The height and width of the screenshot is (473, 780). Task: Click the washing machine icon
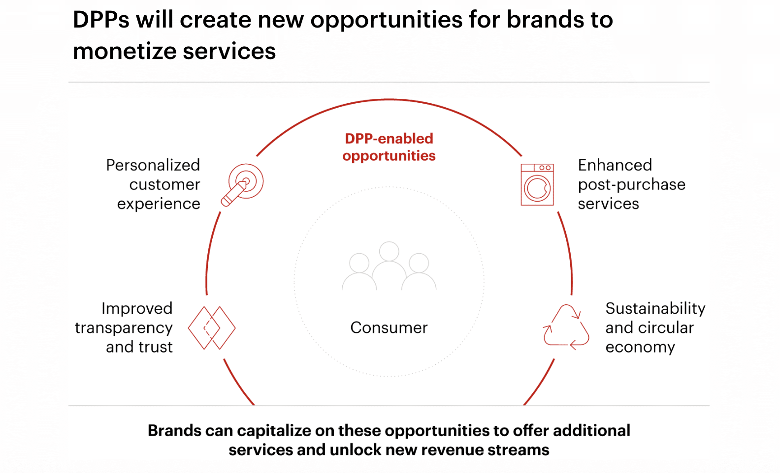(537, 184)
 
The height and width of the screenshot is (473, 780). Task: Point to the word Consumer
(389, 327)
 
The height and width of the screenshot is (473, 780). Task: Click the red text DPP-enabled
(389, 139)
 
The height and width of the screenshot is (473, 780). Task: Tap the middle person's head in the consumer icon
(389, 251)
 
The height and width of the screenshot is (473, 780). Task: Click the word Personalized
(153, 165)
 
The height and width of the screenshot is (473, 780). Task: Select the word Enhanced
(615, 165)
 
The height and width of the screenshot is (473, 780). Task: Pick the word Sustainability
(655, 309)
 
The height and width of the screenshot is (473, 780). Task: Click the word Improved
(137, 309)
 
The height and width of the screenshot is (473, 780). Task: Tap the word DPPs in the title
(101, 20)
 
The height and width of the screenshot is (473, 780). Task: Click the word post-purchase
(632, 185)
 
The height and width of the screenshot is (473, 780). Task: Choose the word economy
(640, 348)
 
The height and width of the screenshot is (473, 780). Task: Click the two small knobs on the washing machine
(545, 168)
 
